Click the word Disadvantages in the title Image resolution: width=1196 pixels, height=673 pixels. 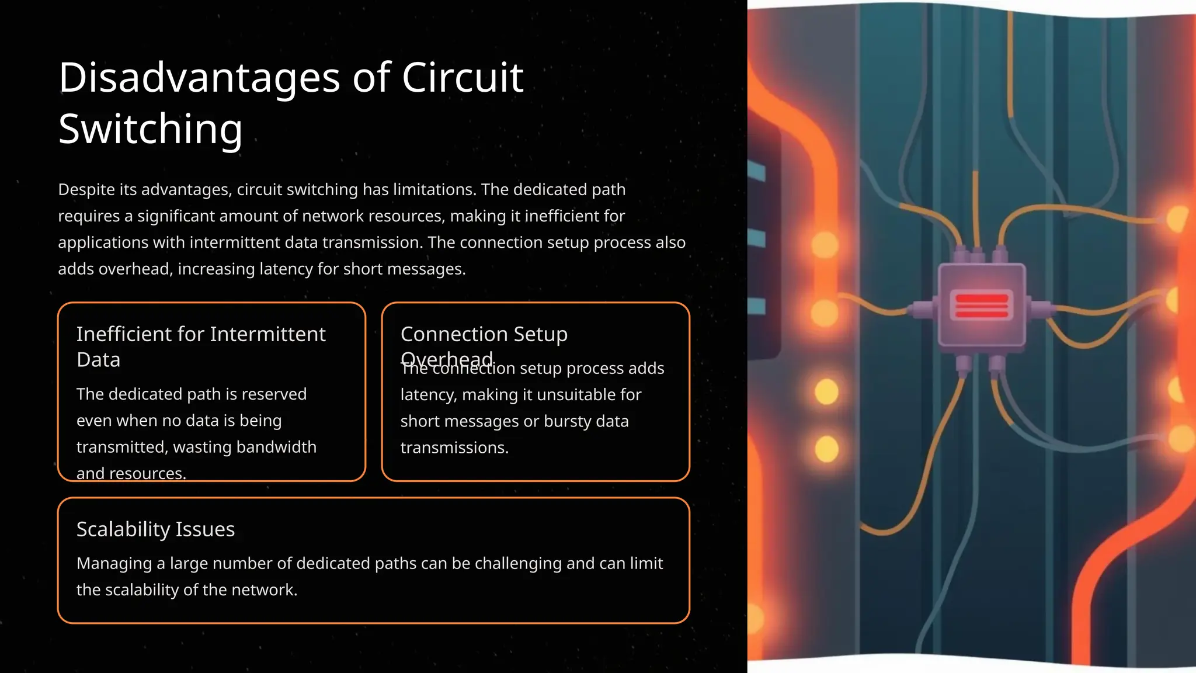tap(199, 78)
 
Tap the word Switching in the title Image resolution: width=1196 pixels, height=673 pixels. tap(150, 129)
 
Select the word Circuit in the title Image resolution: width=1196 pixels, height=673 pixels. tap(463, 78)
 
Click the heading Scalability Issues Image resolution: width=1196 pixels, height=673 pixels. tap(155, 529)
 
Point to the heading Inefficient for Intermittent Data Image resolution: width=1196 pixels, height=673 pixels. tap(201, 346)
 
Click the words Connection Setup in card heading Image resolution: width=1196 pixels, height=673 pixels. tap(484, 334)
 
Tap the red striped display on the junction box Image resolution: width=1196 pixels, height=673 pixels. tap(982, 305)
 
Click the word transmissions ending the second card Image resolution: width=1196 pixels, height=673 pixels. tap(454, 447)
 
